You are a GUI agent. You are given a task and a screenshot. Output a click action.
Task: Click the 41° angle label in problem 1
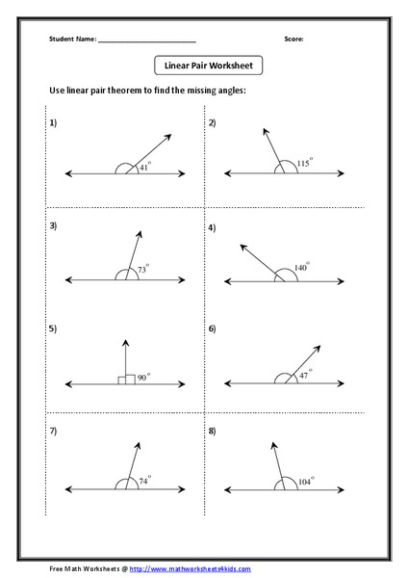click(145, 167)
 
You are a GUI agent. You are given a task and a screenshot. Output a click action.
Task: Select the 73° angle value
click(142, 271)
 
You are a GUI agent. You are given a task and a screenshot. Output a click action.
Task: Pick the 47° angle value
click(305, 375)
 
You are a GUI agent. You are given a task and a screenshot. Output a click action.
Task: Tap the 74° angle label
click(145, 480)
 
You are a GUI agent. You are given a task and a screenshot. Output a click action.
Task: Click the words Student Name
click(72, 39)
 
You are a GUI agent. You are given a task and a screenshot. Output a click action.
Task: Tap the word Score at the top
click(293, 39)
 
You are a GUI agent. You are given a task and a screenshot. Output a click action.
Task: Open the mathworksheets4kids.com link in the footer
click(190, 569)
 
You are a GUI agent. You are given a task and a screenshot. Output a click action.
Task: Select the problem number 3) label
click(54, 226)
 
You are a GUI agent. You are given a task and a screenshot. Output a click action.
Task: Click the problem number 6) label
click(213, 329)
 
